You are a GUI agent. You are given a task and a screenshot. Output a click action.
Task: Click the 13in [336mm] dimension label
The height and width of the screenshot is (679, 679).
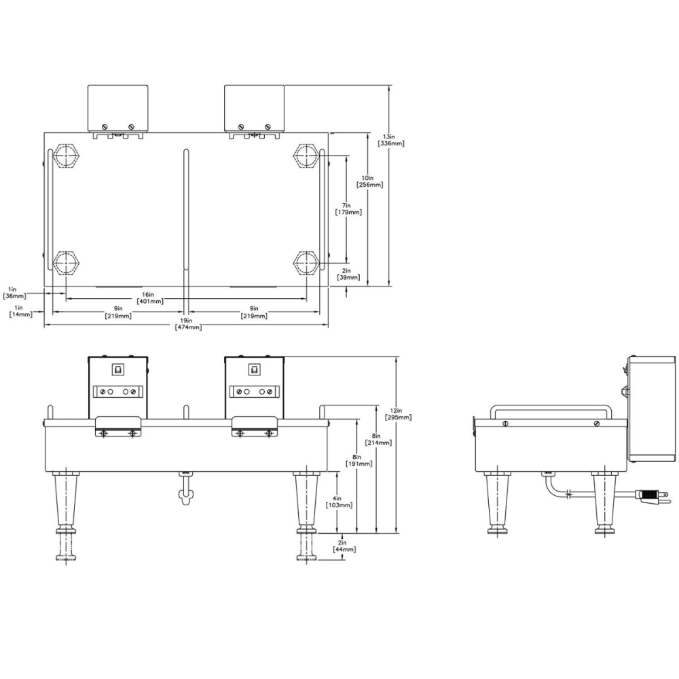pos(391,139)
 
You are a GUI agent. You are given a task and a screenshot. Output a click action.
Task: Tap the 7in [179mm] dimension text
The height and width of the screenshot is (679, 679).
pos(348,208)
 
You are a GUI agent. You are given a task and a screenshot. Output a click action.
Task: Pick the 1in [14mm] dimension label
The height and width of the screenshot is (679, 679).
pos(20,311)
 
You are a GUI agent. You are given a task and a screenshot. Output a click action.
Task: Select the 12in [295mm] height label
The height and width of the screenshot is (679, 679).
pos(399,414)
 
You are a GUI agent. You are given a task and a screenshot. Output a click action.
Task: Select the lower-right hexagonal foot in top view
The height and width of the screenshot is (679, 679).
pos(306,261)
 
